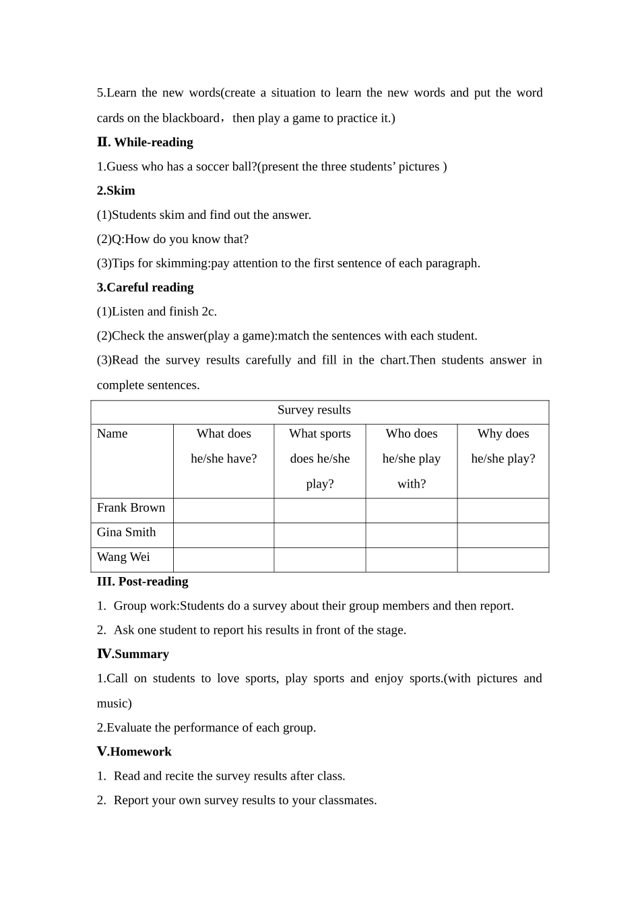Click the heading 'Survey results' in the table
click(x=314, y=410)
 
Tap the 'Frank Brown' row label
click(x=131, y=508)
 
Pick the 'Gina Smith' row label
click(x=126, y=532)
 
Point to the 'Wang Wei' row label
click(x=123, y=557)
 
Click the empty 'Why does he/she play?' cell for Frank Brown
click(x=503, y=510)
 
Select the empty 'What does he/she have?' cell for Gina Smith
click(x=224, y=535)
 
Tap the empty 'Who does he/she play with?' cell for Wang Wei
click(x=411, y=560)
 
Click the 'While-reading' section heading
click(x=154, y=142)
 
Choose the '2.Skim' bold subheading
click(x=116, y=191)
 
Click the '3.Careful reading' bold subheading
click(x=145, y=288)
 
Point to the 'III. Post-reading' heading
click(x=142, y=582)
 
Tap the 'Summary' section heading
click(x=141, y=655)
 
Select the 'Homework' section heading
click(x=141, y=751)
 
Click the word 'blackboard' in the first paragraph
click(x=191, y=119)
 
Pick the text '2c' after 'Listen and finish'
click(x=208, y=312)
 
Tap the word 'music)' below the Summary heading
click(x=115, y=704)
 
